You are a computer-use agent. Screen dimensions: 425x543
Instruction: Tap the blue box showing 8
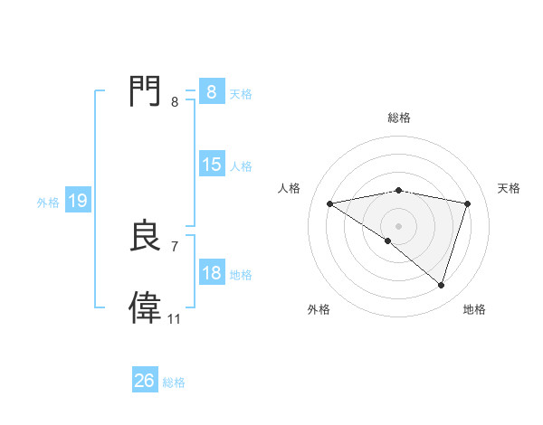click(211, 91)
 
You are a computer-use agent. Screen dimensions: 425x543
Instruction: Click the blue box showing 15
click(212, 165)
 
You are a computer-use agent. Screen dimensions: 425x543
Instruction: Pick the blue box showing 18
click(212, 273)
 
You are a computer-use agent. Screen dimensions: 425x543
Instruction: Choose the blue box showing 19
click(78, 201)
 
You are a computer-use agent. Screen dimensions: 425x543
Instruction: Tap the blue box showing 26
click(145, 381)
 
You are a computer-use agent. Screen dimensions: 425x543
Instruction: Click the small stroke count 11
click(174, 319)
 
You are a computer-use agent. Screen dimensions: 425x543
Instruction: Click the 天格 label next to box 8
click(241, 93)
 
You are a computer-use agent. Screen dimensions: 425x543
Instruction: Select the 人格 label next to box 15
click(241, 166)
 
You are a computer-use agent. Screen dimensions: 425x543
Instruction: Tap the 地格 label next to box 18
click(241, 275)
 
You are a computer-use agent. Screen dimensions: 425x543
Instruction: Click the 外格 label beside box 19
click(48, 203)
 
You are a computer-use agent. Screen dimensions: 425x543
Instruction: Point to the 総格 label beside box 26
click(174, 382)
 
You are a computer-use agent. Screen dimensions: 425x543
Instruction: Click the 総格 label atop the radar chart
click(399, 118)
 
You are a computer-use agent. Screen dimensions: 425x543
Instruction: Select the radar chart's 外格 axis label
click(319, 309)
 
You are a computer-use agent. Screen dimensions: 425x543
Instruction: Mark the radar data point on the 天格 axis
click(468, 203)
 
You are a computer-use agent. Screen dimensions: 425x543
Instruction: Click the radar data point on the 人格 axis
click(330, 203)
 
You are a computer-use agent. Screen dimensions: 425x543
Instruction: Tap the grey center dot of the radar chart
click(398, 225)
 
